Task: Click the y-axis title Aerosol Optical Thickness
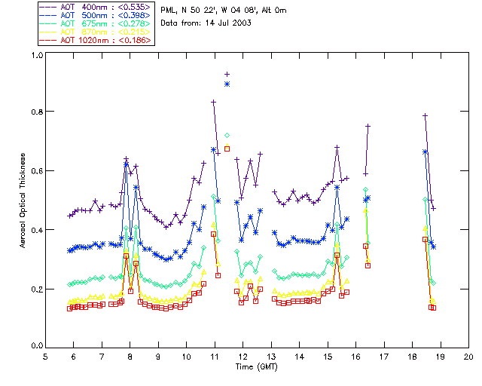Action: point(24,200)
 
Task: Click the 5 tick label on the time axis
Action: point(45,356)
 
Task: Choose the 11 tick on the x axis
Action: point(215,356)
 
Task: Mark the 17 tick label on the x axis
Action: point(384,356)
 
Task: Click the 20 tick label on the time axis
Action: point(468,356)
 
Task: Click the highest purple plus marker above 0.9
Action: point(227,74)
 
